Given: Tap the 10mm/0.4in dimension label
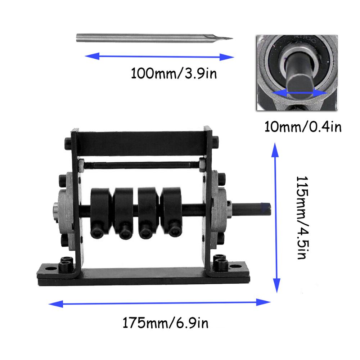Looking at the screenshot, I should coord(303,127).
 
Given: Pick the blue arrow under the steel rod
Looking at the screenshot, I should coord(159,56).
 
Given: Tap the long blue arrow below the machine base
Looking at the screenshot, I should coord(159,303).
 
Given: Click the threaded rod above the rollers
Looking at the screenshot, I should coord(140,166).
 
